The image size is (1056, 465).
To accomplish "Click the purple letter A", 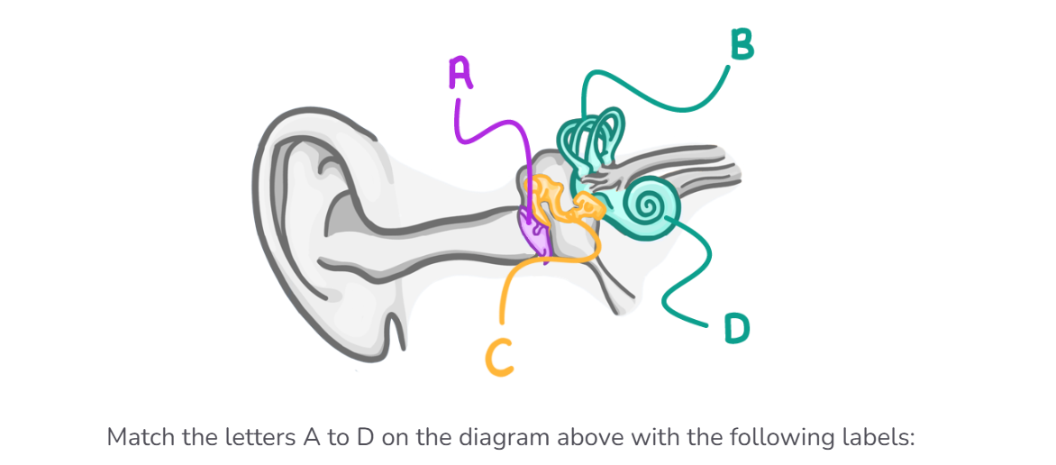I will click(460, 74).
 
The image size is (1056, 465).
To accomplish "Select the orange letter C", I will click(500, 357).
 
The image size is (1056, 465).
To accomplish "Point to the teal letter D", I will click(736, 329).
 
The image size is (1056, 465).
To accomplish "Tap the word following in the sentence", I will click(780, 438).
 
